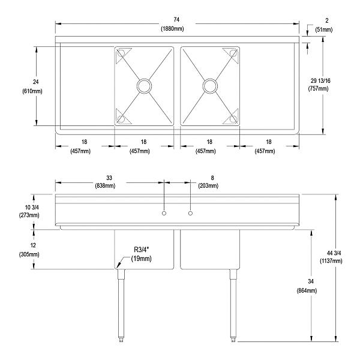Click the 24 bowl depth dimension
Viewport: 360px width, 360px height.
[x=37, y=82]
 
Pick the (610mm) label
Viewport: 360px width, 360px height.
[x=37, y=91]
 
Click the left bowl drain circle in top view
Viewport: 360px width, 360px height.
[x=144, y=86]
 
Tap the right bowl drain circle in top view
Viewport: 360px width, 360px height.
[x=209, y=86]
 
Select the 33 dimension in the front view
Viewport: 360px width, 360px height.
[x=110, y=178]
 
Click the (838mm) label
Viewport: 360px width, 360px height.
[x=110, y=186]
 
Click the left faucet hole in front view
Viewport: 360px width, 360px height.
[x=163, y=213]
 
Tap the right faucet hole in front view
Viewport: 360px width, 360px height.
[x=190, y=213]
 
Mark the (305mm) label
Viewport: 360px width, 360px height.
[x=27, y=254]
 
